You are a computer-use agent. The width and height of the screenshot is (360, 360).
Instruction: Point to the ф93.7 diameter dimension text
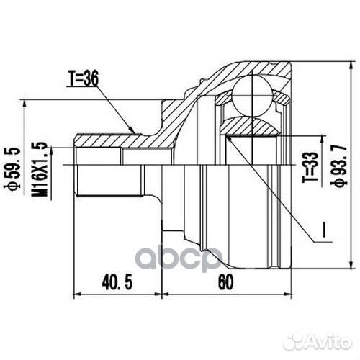pyautogui.click(x=335, y=166)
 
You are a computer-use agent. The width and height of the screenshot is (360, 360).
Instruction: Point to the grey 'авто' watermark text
pyautogui.click(x=180, y=258)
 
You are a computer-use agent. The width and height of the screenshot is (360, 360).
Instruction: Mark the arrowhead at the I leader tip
pyautogui.click(x=228, y=137)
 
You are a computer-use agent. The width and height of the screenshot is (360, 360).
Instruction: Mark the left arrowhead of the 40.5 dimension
pyautogui.click(x=77, y=294)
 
